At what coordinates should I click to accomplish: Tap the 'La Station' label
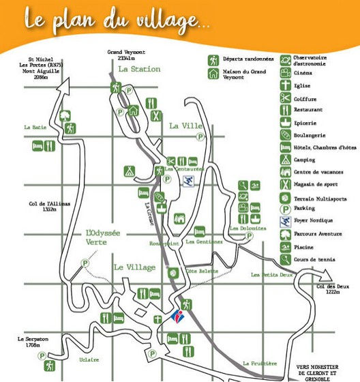(139, 69)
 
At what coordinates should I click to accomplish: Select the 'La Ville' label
(186, 126)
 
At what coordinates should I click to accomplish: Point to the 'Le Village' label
(134, 267)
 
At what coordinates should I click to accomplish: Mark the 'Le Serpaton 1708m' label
(29, 340)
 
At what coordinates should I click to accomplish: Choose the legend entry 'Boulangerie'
(310, 135)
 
